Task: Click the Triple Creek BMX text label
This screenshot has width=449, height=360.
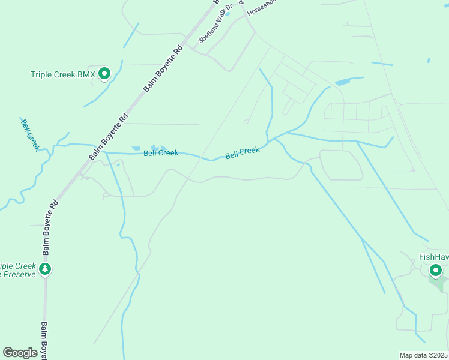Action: click(x=62, y=75)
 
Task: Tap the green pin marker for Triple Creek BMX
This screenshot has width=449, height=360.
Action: click(x=104, y=74)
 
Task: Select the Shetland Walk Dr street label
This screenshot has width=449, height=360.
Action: click(x=214, y=28)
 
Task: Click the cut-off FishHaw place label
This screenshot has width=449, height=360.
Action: click(x=433, y=257)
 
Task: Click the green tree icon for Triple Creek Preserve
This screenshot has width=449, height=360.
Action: click(x=45, y=269)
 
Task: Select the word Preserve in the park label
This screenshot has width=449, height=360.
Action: click(x=18, y=275)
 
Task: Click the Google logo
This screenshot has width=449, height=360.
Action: click(x=20, y=353)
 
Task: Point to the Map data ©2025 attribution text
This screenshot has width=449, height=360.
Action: click(x=423, y=355)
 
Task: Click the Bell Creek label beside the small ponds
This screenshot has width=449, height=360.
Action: click(x=161, y=154)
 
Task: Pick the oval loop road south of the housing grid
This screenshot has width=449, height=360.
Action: click(x=341, y=165)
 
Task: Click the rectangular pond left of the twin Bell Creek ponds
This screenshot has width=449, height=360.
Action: click(x=136, y=148)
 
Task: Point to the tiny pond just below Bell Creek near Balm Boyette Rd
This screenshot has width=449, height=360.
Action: click(x=118, y=164)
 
